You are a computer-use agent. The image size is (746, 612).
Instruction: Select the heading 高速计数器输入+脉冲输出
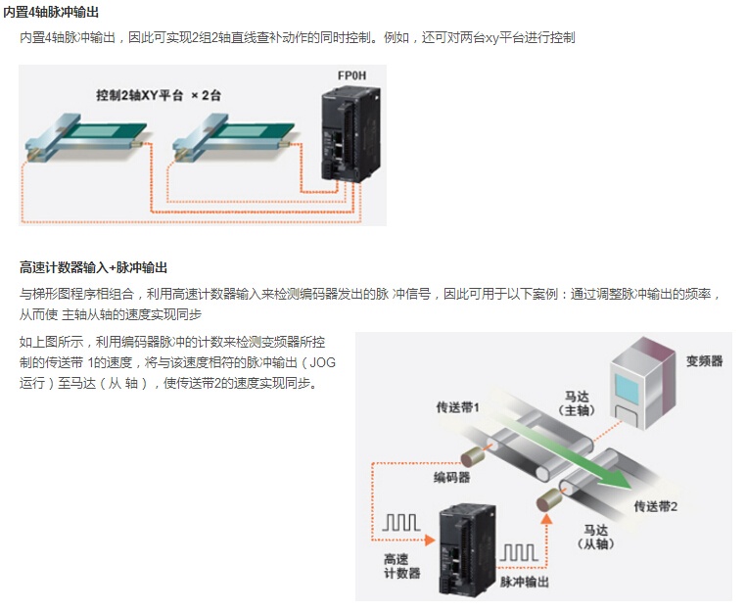(x=93, y=267)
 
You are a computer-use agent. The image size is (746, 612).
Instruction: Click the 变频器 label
(x=705, y=360)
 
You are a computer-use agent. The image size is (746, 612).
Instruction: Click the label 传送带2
(x=656, y=505)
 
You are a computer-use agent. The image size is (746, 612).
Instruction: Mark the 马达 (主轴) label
(x=578, y=403)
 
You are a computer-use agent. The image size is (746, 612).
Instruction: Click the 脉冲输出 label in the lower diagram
(x=524, y=582)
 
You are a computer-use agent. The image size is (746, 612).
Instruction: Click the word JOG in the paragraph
(x=322, y=362)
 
